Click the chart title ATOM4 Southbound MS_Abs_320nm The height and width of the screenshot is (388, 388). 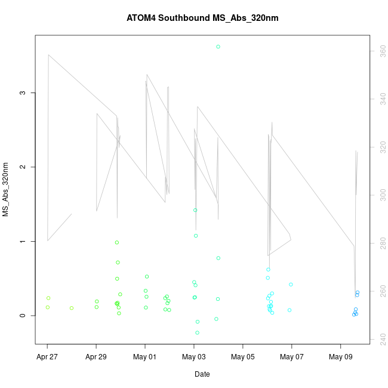click(x=202, y=18)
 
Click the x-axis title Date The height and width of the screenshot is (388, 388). click(x=202, y=374)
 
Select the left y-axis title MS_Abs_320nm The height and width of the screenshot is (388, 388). click(x=7, y=189)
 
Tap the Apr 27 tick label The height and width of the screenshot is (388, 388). click(x=48, y=357)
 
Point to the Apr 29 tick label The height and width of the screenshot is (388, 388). click(x=97, y=357)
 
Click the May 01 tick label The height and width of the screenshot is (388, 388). click(x=145, y=357)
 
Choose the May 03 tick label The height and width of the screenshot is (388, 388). click(x=194, y=357)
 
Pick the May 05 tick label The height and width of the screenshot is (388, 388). click(x=243, y=357)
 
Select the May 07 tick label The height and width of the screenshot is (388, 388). click(x=292, y=357)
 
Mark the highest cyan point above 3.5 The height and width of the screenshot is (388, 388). click(x=218, y=47)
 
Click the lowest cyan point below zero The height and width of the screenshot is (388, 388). click(x=197, y=332)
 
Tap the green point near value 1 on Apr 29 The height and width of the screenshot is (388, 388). click(x=117, y=242)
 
